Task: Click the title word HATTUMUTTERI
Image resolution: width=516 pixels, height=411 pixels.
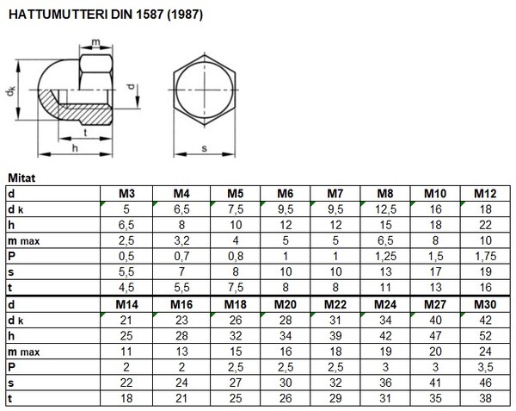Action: click(58, 15)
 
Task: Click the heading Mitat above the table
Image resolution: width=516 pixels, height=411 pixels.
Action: click(21, 178)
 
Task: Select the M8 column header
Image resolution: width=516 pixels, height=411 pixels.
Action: click(385, 194)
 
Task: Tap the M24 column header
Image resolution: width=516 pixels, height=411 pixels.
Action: click(385, 304)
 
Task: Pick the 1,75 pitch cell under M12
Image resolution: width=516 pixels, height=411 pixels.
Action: click(485, 256)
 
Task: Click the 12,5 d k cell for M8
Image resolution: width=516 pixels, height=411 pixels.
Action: click(385, 209)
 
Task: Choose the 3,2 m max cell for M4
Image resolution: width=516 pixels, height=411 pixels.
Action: click(181, 240)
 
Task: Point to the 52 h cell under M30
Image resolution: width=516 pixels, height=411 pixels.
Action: click(485, 336)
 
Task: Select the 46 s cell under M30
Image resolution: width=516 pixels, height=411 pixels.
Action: click(485, 383)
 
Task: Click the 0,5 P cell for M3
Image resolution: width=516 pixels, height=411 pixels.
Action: click(126, 256)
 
